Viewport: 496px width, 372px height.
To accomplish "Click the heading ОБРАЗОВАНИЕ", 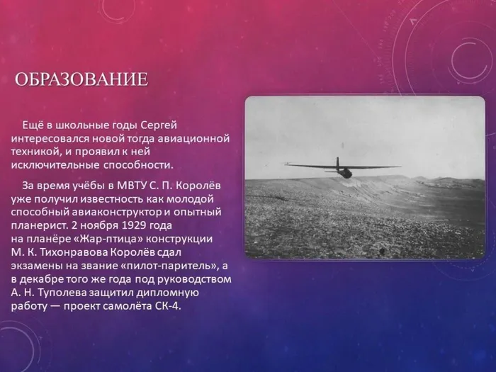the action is coord(81,79).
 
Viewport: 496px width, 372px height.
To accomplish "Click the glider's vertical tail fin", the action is coord(337,162).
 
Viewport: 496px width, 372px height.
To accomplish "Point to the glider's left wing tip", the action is coord(286,164).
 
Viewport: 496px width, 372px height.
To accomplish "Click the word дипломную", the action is coord(168,293).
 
